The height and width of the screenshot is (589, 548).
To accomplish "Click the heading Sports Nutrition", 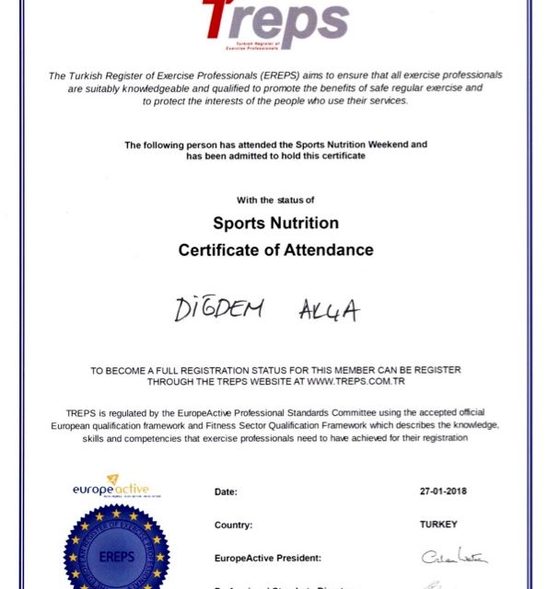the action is coord(275,223).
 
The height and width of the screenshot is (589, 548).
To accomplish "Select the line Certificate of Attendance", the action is coord(275,249).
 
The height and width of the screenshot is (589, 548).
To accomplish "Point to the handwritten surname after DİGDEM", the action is coord(328,311).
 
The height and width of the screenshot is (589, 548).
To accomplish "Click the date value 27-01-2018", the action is coord(442,491).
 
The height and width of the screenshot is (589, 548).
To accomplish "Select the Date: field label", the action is coord(226,491).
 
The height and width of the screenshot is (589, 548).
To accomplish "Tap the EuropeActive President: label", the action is coord(267,557).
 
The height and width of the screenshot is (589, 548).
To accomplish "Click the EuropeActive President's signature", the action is coord(454,556).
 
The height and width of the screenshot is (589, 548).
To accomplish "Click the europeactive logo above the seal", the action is coord(111,487).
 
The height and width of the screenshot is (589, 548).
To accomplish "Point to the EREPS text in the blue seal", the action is coord(116,558).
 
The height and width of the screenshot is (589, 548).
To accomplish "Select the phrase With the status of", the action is coord(275,199).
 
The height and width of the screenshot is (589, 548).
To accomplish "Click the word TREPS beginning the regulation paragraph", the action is coord(83,410).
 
